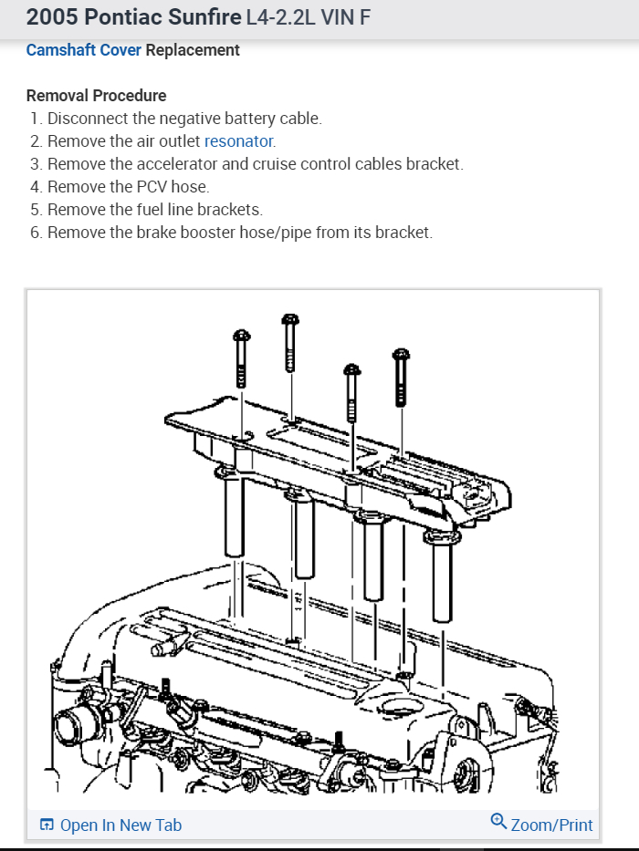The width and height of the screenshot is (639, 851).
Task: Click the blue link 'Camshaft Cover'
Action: tap(83, 50)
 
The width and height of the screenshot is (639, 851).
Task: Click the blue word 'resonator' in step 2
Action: tap(238, 141)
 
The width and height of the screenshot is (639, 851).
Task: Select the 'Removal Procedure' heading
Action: tap(96, 96)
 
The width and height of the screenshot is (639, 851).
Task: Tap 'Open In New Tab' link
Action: tap(120, 825)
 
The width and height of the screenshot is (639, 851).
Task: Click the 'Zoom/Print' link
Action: tap(551, 825)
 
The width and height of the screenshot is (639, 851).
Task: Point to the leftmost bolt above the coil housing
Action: tap(242, 360)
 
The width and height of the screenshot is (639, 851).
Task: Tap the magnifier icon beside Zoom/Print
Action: tap(498, 823)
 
